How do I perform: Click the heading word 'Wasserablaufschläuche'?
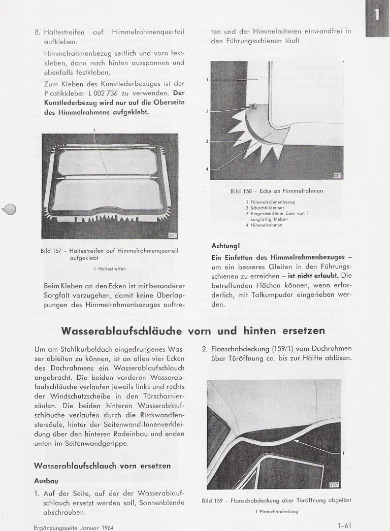(x=122, y=331)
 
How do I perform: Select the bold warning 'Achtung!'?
(x=225, y=246)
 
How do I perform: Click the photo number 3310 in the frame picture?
(x=173, y=235)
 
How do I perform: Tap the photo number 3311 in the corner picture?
(x=338, y=175)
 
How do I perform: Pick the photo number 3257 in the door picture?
(x=334, y=485)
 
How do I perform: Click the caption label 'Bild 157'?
(x=52, y=250)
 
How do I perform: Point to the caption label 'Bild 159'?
(x=213, y=501)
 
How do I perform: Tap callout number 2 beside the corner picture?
(x=207, y=111)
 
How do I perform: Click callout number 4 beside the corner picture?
(x=207, y=169)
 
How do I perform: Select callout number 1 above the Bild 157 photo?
(x=94, y=130)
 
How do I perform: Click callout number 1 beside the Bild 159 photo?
(x=344, y=453)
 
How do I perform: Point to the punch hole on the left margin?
(x=10, y=209)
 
